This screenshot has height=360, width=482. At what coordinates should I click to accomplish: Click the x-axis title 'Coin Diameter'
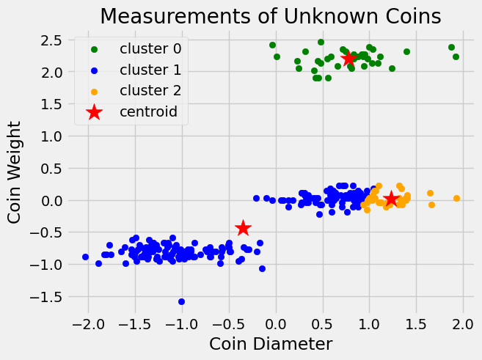tap(271, 343)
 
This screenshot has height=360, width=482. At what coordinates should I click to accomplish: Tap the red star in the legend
tap(94, 112)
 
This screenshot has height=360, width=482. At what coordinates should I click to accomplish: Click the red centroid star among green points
tap(348, 59)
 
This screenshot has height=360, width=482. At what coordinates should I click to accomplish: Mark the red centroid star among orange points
tap(391, 199)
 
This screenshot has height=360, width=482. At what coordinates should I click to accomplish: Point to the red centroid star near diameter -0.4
tap(243, 229)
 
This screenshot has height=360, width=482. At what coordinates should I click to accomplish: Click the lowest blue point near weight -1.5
tap(181, 301)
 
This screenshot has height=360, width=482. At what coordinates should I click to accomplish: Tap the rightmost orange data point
tap(456, 198)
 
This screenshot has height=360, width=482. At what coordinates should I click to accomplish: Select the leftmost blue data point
tap(85, 257)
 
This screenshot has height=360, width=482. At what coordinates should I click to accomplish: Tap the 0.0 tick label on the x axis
tap(276, 323)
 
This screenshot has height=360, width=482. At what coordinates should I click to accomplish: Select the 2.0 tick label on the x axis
tap(463, 323)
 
